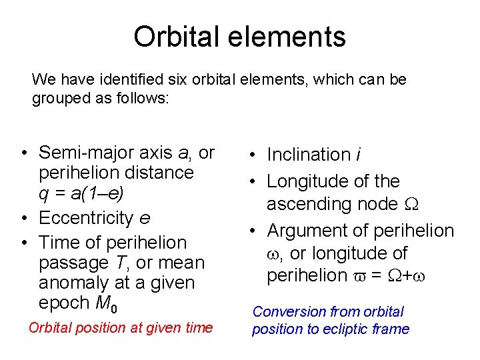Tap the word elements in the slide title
tap(290, 37)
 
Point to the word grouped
tap(59, 99)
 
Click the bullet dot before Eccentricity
tap(23, 219)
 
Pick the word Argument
tap(307, 231)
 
